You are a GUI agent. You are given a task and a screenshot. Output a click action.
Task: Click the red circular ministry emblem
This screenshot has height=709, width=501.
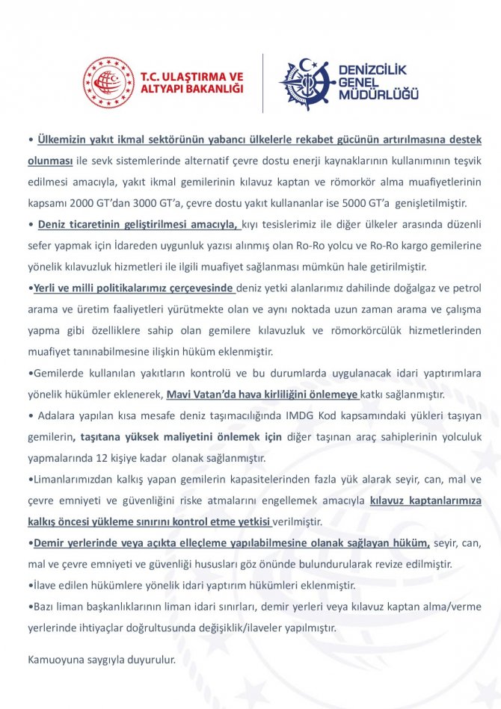pos(108,83)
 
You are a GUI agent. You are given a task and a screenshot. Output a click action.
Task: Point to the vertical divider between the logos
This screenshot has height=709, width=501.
pos(262,83)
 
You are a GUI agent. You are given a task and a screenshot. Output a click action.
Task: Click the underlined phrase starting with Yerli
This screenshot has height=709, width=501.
pos(135,288)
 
